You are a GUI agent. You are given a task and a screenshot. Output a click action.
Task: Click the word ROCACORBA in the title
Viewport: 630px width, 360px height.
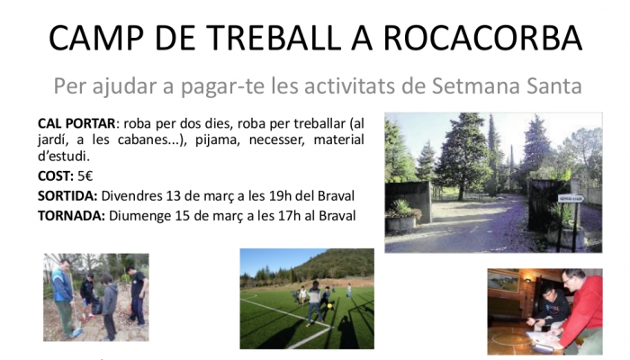point(483,38)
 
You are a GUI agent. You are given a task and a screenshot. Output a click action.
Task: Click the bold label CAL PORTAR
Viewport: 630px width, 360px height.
point(76,123)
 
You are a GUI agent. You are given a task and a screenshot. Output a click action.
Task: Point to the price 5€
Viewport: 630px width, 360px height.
point(85,176)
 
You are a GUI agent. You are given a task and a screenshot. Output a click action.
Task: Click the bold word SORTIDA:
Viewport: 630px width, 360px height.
point(67,195)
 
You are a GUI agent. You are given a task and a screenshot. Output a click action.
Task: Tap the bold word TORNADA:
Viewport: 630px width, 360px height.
point(71,216)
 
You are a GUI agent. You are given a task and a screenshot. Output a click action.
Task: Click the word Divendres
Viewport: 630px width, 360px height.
point(131,195)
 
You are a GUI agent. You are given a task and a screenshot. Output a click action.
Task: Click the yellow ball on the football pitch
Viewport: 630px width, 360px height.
point(329,306)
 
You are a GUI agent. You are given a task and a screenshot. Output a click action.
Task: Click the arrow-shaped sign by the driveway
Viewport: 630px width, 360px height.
point(571,199)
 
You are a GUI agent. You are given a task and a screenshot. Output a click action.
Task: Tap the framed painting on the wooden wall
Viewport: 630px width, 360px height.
point(502,281)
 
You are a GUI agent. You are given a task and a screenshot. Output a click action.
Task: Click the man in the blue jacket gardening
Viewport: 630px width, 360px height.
point(64,295)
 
